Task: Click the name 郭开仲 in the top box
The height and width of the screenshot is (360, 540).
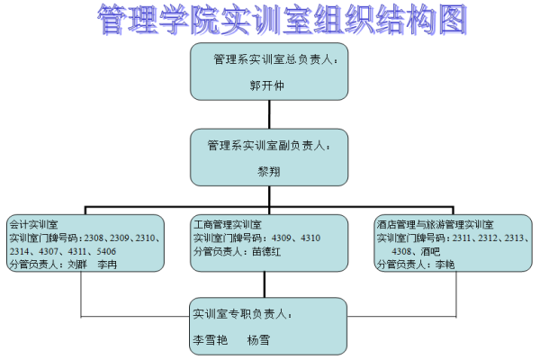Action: (269, 87)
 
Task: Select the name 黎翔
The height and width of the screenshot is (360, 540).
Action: (269, 170)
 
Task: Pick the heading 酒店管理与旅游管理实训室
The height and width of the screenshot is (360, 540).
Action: (440, 224)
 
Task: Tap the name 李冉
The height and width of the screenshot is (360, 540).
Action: (107, 265)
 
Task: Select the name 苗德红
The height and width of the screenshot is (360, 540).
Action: (266, 252)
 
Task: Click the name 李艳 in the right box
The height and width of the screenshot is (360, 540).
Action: (445, 265)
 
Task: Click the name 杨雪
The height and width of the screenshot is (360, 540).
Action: (259, 340)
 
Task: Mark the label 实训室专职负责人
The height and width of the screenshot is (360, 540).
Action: (242, 314)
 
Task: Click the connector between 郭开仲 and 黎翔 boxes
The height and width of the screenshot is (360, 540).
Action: (269, 114)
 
